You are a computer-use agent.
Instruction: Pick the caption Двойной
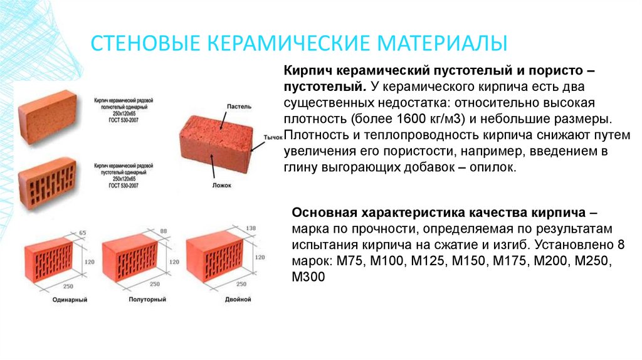tap(238, 300)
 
